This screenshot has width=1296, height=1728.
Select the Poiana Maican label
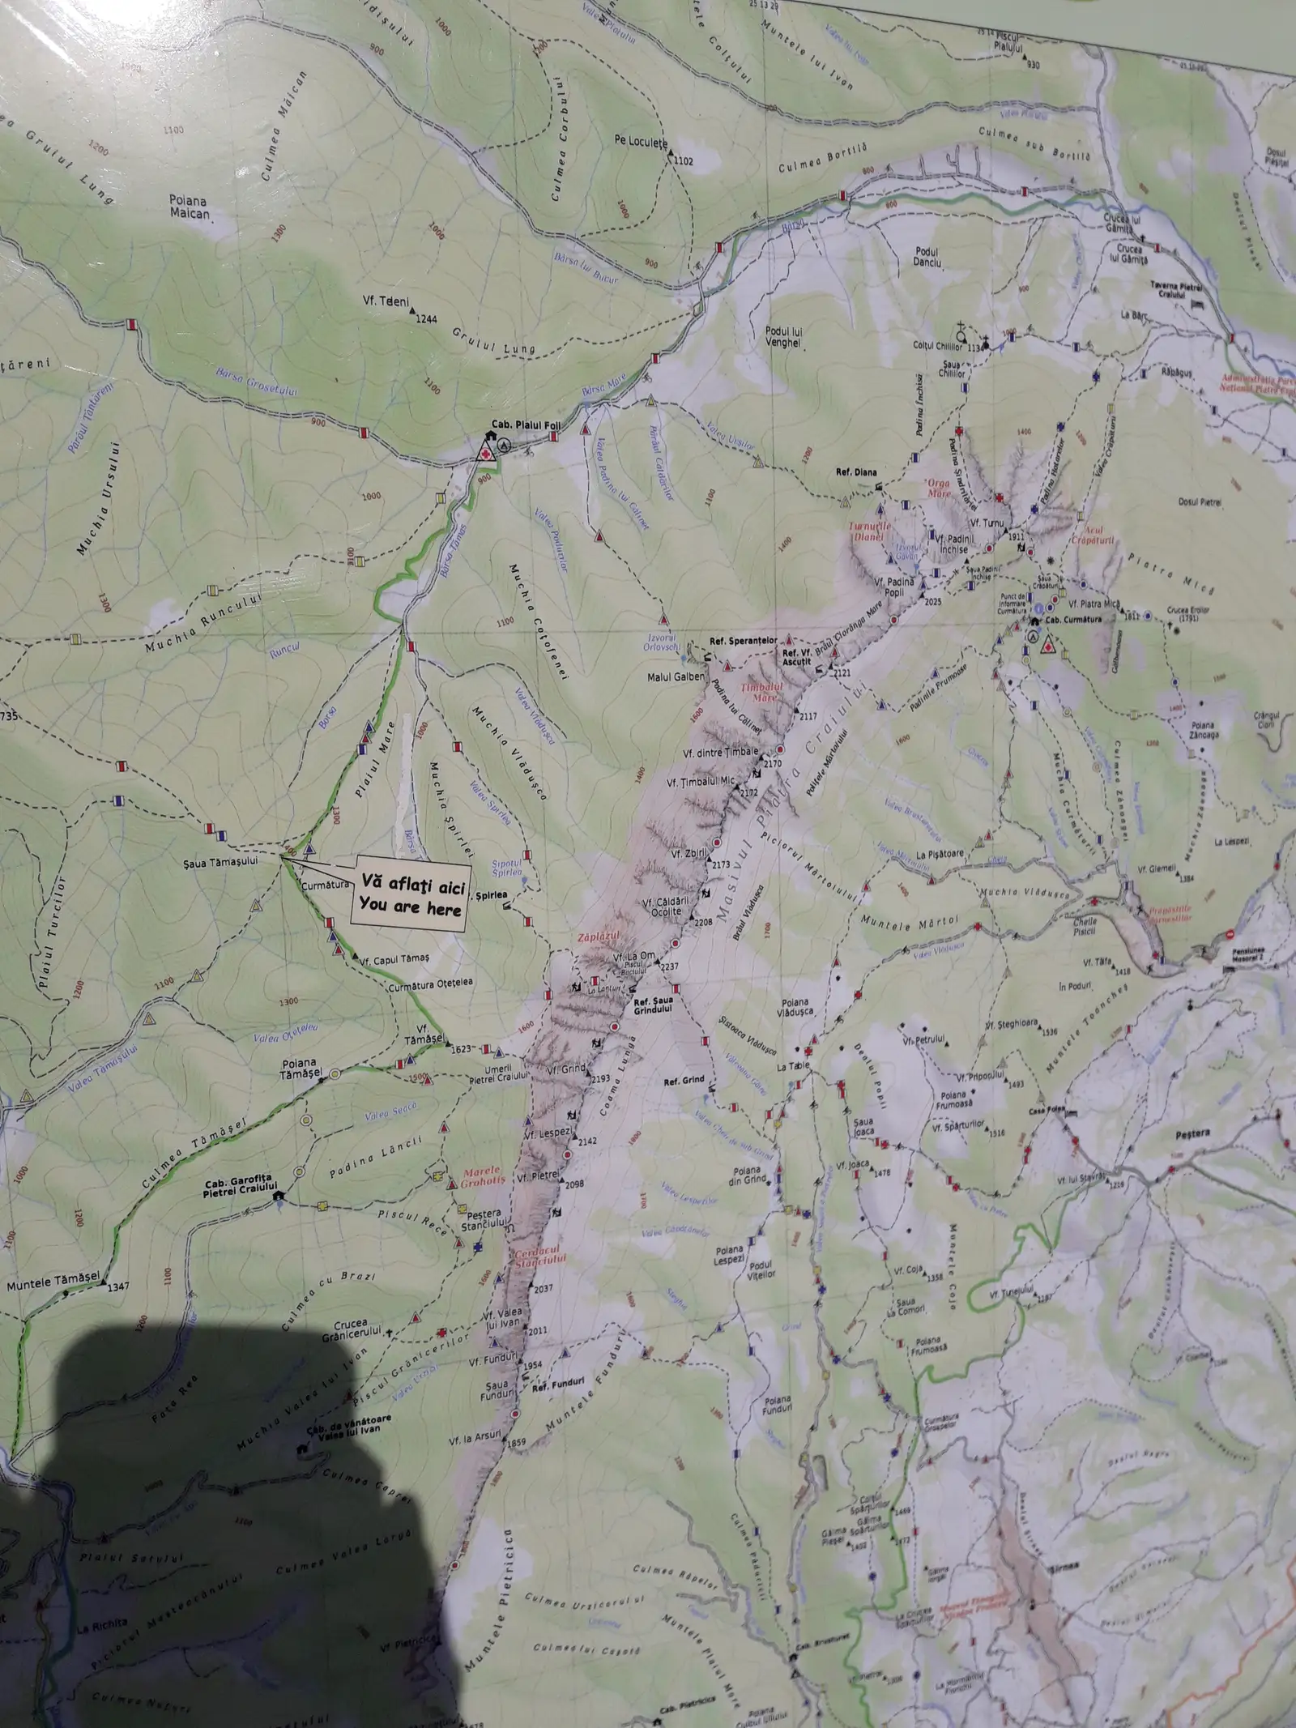189,207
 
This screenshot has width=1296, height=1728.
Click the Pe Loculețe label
640,142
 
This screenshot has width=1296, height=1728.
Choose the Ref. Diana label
856,471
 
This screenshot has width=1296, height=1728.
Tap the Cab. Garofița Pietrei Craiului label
239,1187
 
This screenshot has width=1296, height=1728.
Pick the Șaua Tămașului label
220,861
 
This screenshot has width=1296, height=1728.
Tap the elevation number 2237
669,966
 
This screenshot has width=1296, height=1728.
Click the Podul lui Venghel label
783,337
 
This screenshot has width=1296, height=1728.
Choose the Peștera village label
1191,1133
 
